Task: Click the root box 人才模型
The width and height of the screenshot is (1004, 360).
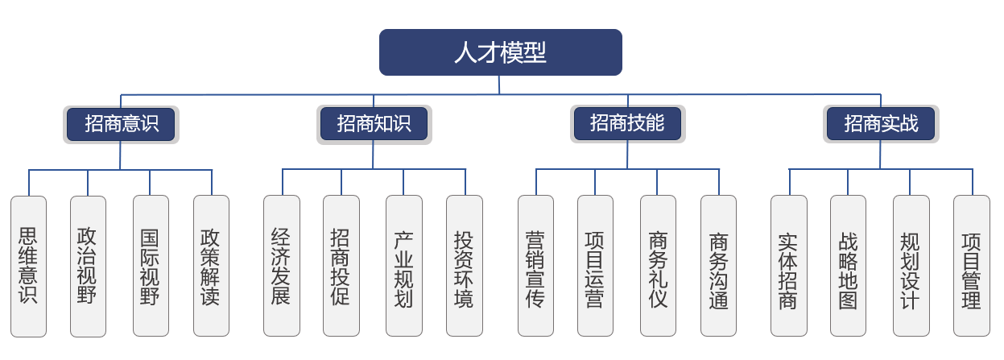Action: tap(500, 52)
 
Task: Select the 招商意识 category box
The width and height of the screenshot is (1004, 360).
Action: tap(121, 124)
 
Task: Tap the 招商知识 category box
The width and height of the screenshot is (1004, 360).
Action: tap(374, 124)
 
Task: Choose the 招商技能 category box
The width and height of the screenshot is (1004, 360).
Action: tap(627, 124)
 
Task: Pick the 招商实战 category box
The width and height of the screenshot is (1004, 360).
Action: tap(881, 124)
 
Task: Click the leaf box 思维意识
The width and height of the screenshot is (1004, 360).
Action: tap(28, 266)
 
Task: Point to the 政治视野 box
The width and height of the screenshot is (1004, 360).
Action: tap(88, 266)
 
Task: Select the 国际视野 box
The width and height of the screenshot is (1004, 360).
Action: tap(151, 266)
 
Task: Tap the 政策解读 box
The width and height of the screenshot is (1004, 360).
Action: tap(211, 266)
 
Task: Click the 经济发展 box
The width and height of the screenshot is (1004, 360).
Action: tap(282, 266)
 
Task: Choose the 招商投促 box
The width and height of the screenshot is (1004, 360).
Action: tap(341, 266)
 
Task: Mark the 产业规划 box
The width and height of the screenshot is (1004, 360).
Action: tap(403, 266)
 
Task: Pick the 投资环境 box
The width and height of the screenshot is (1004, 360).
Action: tap(465, 266)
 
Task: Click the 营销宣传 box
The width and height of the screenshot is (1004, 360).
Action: tap(535, 266)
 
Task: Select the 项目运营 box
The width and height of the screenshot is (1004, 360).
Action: tap(595, 266)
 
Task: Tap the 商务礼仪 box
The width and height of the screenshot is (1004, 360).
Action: tap(658, 266)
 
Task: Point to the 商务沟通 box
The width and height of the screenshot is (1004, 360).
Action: tap(718, 266)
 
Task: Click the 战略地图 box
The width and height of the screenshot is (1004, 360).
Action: tap(848, 266)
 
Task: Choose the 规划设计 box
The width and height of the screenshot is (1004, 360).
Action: tap(911, 266)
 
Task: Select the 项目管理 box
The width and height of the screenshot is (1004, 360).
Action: tap(971, 266)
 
